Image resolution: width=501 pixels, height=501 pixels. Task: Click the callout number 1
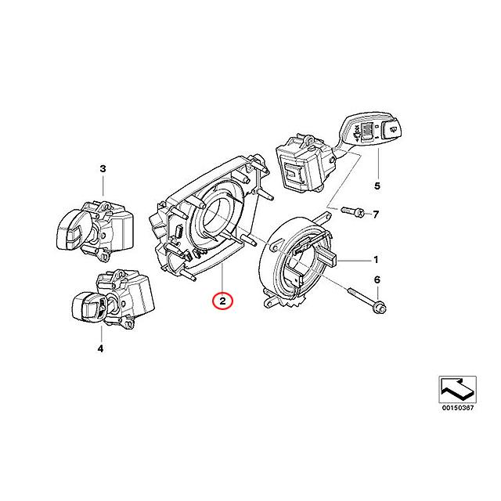pyautogui.click(x=376, y=260)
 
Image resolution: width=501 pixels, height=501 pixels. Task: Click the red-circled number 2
pyautogui.click(x=223, y=300)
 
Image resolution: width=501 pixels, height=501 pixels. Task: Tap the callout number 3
pyautogui.click(x=103, y=168)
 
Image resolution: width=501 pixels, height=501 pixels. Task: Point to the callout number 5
pyautogui.click(x=376, y=186)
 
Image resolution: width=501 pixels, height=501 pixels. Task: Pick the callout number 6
pyautogui.click(x=377, y=280)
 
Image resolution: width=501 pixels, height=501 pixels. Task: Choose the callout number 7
pyautogui.click(x=376, y=214)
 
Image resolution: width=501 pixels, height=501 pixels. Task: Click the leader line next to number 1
pyautogui.click(x=352, y=260)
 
